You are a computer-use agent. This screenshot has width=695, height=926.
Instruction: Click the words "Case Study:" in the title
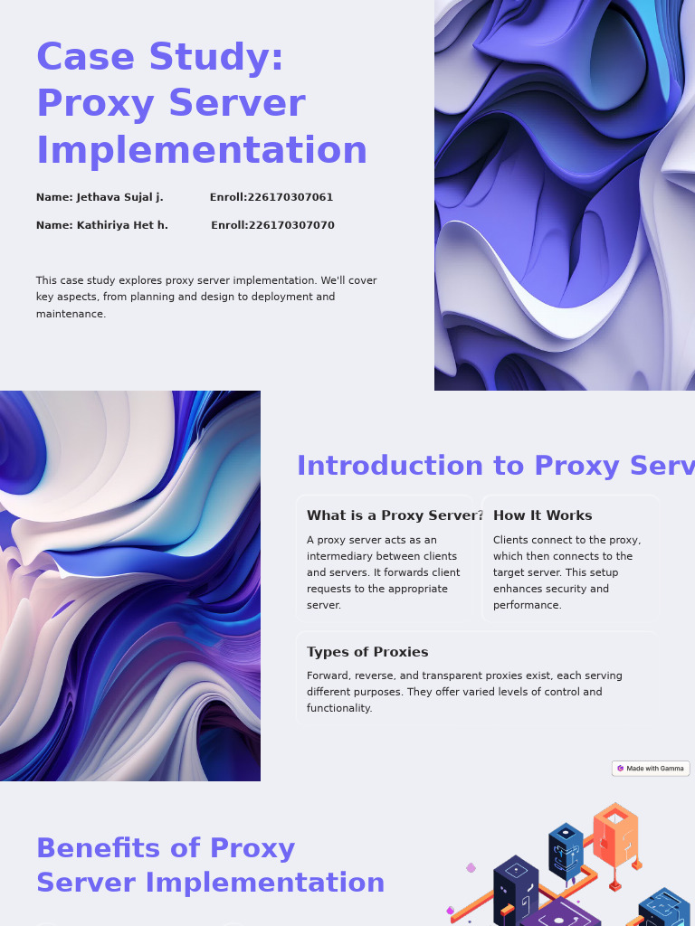click(160, 57)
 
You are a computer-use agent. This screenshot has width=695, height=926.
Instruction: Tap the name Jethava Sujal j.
click(119, 197)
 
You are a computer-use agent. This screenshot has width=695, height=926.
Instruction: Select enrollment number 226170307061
click(290, 197)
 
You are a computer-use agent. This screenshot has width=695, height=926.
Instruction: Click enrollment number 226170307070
click(291, 225)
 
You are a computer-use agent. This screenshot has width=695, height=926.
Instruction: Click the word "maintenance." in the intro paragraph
click(71, 314)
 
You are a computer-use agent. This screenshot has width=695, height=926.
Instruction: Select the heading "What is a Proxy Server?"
click(395, 515)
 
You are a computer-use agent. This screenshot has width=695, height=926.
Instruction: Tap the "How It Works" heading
click(542, 515)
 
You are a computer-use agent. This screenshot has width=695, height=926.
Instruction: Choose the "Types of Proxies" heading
click(367, 652)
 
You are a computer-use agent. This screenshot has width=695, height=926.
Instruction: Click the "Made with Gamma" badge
click(651, 769)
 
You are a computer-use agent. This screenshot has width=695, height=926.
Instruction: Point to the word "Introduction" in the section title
click(390, 466)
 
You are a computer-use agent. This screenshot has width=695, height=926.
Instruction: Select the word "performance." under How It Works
click(528, 605)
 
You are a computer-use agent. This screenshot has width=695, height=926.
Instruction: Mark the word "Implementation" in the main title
click(202, 150)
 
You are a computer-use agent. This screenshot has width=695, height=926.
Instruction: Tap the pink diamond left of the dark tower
click(471, 868)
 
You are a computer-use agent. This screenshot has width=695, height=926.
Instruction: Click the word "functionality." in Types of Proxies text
click(339, 708)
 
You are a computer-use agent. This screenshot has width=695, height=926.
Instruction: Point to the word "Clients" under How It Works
click(513, 540)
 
